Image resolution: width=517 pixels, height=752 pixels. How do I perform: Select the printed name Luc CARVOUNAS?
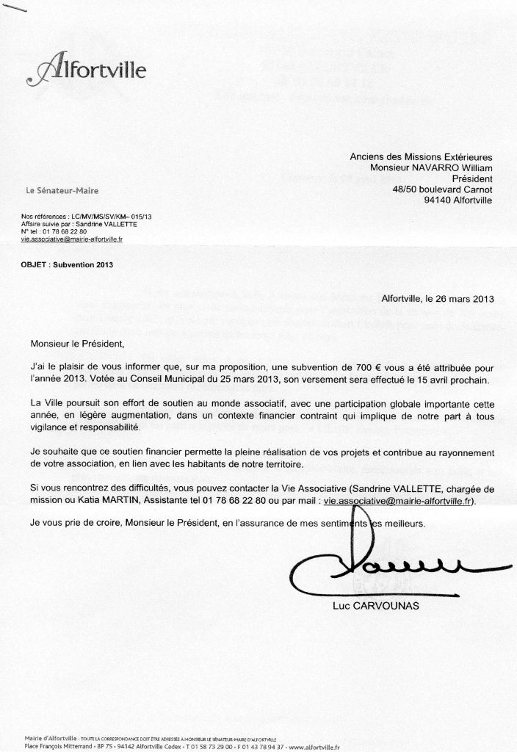pyautogui.click(x=379, y=607)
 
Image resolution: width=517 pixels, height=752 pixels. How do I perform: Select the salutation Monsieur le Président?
pyautogui.click(x=73, y=343)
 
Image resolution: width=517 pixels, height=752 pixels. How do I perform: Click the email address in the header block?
pyautogui.click(x=73, y=239)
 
